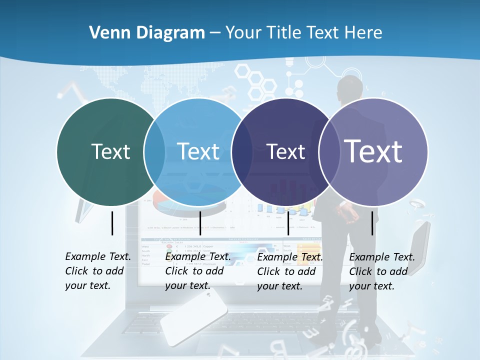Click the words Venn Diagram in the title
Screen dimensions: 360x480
point(147,33)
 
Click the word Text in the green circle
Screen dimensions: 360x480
point(110,151)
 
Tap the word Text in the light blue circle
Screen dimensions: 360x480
point(198,151)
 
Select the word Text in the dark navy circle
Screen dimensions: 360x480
point(285,151)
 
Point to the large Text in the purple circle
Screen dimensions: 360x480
point(373,151)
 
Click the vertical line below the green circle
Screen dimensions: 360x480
point(112,223)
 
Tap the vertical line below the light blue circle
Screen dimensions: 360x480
point(200,223)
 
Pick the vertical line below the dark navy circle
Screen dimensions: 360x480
point(288,223)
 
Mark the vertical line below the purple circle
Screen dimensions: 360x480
point(372,223)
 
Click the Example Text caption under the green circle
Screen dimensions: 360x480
point(98,271)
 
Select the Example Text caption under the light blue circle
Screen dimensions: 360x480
point(198,271)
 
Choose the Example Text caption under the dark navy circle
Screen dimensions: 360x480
point(290,271)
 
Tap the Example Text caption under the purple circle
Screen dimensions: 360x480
point(382,271)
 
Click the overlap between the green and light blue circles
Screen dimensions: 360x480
point(154,152)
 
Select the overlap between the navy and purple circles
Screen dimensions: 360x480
point(326,152)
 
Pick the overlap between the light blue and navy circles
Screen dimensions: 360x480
point(242,152)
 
